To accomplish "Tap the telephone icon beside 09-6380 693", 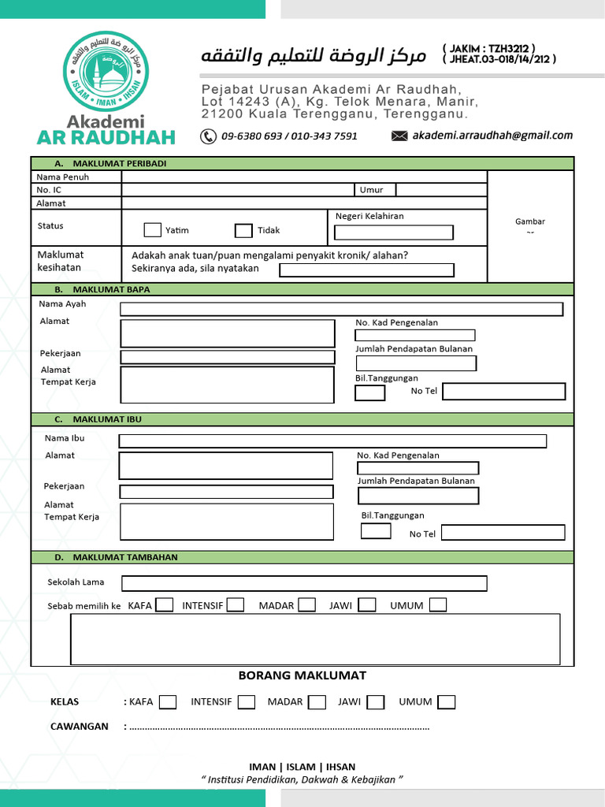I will [x=208, y=136].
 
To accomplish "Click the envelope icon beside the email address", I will [x=399, y=136].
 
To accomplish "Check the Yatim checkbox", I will [x=152, y=230].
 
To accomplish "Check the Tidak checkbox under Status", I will [x=243, y=230].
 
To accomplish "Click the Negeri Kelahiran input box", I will [x=394, y=232].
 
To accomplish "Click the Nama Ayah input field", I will [x=341, y=309].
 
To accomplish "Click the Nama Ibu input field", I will [x=332, y=441].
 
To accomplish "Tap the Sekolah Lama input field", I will [x=303, y=583].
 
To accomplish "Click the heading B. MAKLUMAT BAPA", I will [x=111, y=289].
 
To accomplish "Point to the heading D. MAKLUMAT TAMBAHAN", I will [x=124, y=557].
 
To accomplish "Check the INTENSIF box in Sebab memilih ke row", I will [x=235, y=605].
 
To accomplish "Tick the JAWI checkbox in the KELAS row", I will [x=376, y=702].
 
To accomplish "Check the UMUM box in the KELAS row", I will [x=447, y=702].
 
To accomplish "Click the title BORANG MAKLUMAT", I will [x=302, y=675].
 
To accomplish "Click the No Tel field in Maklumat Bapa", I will [x=504, y=392].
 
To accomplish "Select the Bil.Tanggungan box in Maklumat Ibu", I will [x=376, y=530].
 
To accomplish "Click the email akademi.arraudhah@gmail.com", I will [x=492, y=136].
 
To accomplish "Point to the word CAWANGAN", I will [x=80, y=726].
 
